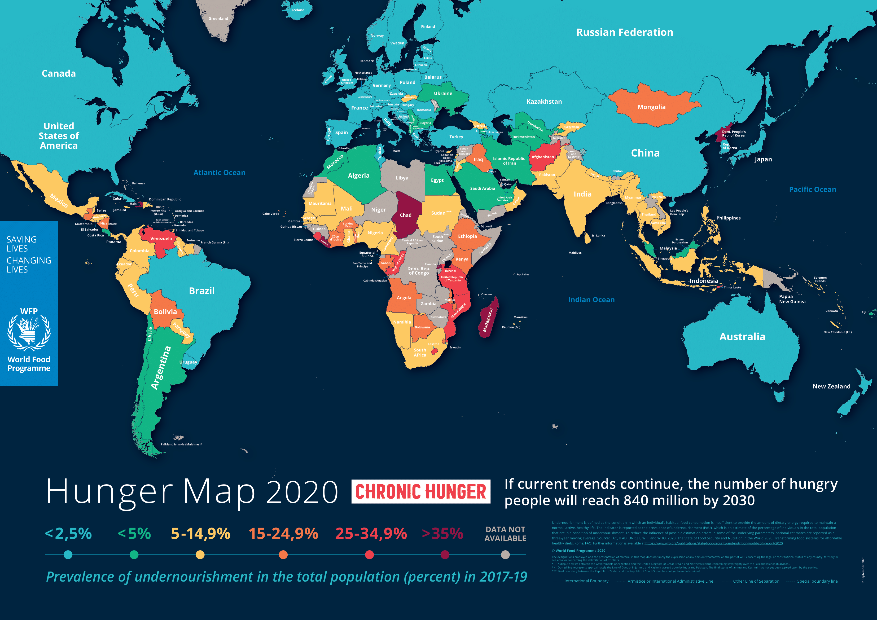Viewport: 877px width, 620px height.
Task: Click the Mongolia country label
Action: click(651, 107)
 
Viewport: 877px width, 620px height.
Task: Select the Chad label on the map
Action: click(405, 215)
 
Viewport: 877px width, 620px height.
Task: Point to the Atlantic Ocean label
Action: click(219, 173)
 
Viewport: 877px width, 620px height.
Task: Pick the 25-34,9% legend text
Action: click(371, 534)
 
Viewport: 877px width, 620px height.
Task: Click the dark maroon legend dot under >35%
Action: click(445, 555)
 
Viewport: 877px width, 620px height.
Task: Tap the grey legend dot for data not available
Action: click(505, 555)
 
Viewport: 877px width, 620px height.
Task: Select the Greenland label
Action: click(218, 18)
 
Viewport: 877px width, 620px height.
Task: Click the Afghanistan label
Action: click(542, 157)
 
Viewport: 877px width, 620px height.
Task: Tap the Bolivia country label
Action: click(165, 312)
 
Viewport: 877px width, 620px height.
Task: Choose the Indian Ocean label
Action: click(591, 300)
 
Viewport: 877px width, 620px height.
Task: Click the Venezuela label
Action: click(161, 238)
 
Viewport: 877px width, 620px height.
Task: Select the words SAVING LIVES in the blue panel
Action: click(21, 244)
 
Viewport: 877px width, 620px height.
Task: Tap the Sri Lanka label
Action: click(598, 236)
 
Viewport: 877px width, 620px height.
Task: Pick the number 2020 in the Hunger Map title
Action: click(302, 492)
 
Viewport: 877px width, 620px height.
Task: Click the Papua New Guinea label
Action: click(792, 299)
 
